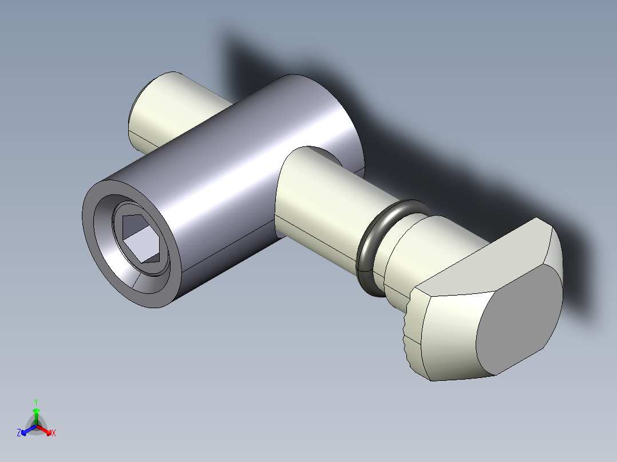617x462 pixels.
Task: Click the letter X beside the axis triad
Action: coord(54,433)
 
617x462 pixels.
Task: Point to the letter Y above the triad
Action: coord(36,402)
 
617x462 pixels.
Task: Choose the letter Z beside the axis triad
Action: coord(19,433)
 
